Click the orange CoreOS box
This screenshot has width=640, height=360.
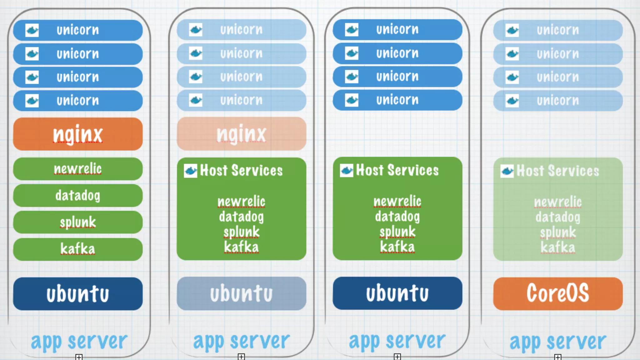tap(558, 293)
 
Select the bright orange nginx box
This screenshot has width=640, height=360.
tap(78, 134)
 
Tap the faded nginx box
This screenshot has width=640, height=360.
tap(241, 134)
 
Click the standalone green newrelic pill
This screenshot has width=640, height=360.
tap(78, 169)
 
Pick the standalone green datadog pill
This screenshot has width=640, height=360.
tap(78, 196)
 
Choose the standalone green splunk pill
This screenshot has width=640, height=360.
tap(78, 222)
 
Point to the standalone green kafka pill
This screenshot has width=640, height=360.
tap(78, 249)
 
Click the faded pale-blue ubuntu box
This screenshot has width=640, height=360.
tap(241, 293)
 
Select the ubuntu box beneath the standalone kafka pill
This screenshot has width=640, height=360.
tap(78, 294)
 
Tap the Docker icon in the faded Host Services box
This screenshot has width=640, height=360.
tap(507, 171)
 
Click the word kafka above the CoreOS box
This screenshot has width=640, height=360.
tap(558, 247)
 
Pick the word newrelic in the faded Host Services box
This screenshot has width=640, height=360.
tap(558, 202)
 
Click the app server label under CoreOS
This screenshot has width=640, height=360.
tap(558, 342)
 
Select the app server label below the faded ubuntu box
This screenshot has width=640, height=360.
tap(241, 341)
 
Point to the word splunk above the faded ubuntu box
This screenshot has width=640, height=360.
tap(241, 232)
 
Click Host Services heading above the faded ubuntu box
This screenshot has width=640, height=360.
tap(241, 171)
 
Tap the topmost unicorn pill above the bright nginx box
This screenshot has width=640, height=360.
tap(78, 30)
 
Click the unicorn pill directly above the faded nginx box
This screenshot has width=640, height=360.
tap(241, 100)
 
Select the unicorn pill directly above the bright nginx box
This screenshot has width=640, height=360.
tap(78, 101)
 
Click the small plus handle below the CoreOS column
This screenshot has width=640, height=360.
tap(558, 357)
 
